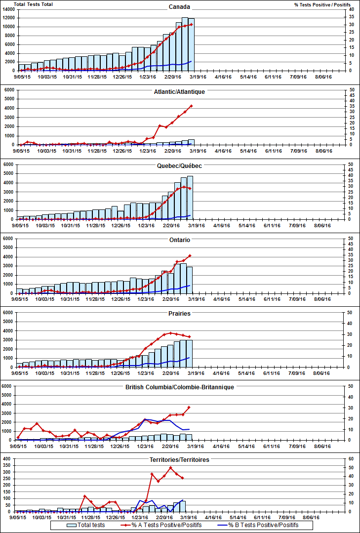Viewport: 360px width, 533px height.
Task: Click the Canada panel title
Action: [x=179, y=7]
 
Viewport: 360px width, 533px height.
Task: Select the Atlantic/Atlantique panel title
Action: [x=179, y=92]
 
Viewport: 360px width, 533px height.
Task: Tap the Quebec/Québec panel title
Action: [x=179, y=166]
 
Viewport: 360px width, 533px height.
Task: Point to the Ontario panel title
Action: [x=179, y=240]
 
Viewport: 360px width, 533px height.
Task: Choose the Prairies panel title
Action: [x=179, y=313]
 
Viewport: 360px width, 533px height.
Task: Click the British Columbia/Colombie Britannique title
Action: [x=179, y=387]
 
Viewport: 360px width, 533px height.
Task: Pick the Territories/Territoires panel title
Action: [x=179, y=460]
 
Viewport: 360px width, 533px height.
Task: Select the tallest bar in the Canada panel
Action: [x=185, y=44]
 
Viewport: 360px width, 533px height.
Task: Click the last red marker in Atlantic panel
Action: [x=191, y=106]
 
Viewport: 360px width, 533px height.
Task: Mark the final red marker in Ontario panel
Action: [x=190, y=255]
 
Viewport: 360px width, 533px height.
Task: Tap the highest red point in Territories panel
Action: [x=170, y=467]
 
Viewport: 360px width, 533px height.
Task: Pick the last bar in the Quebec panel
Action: [x=190, y=198]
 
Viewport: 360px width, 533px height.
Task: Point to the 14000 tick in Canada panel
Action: [x=9, y=10]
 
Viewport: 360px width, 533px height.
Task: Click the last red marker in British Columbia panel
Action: [x=189, y=407]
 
